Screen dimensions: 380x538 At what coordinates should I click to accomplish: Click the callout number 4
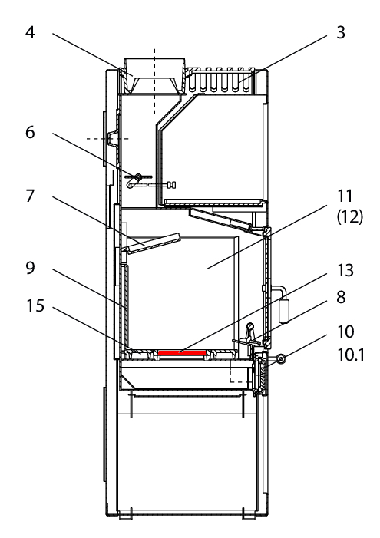pyautogui.click(x=30, y=32)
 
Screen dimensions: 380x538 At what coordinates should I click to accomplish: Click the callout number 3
pyautogui.click(x=341, y=32)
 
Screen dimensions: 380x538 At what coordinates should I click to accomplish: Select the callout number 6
pyautogui.click(x=30, y=132)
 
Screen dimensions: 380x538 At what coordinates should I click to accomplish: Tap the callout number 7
pyautogui.click(x=30, y=196)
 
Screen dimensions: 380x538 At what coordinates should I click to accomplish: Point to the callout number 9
pyautogui.click(x=30, y=268)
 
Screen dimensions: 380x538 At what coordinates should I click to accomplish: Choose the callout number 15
pyautogui.click(x=35, y=305)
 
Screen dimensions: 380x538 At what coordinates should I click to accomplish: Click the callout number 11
pyautogui.click(x=345, y=196)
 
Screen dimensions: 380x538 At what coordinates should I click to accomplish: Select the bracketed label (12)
pyautogui.click(x=350, y=217)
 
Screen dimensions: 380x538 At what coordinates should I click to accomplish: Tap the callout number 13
pyautogui.click(x=345, y=270)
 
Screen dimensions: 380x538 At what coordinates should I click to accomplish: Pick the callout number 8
pyautogui.click(x=341, y=297)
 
